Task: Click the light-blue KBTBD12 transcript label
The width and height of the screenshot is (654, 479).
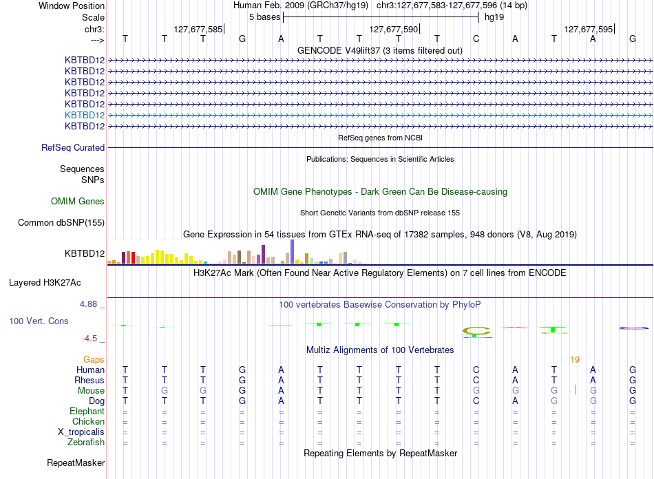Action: [85, 115]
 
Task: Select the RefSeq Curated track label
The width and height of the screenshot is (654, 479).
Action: [73, 147]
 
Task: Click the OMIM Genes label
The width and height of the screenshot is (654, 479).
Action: [78, 202]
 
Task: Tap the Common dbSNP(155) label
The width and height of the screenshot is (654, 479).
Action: [61, 222]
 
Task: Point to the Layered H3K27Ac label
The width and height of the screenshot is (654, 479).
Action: [45, 283]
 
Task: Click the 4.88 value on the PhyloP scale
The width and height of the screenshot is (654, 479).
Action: [88, 304]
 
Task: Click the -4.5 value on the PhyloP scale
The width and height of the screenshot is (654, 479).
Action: [89, 339]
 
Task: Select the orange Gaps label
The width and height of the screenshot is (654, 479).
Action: [94, 359]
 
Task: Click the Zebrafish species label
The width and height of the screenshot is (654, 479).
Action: [86, 443]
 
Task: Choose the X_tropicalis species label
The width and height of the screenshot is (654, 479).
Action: [81, 432]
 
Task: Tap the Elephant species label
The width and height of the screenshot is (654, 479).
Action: [87, 412]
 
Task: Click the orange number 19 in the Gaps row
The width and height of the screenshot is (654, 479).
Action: [575, 359]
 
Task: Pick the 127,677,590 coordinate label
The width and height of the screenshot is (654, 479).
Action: [393, 29]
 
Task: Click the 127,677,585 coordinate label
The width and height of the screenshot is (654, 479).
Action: [198, 29]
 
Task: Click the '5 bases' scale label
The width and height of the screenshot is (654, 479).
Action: [265, 17]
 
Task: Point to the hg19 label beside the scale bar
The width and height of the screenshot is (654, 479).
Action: [494, 17]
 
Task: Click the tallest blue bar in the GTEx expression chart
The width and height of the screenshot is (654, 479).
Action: [293, 252]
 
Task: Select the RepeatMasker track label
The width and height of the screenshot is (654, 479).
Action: [76, 462]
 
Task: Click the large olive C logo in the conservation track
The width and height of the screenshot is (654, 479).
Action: [476, 331]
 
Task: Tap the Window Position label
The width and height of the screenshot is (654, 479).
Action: [72, 6]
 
